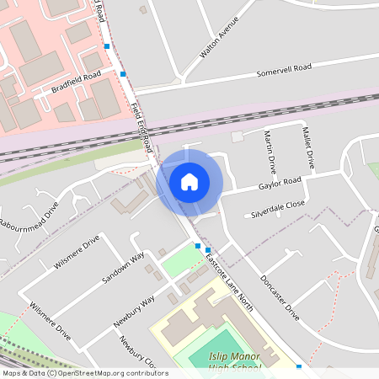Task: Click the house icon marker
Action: coord(189,181)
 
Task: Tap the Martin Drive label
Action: coord(270,147)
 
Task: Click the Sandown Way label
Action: coord(123,266)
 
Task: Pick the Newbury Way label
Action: coord(136,310)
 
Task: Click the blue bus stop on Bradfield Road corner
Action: coord(124,74)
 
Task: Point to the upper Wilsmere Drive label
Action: coord(77,252)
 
